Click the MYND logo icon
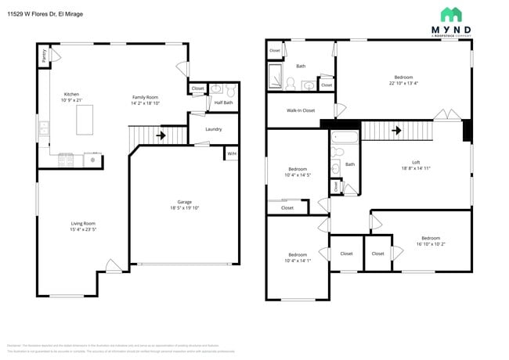click(x=450, y=14)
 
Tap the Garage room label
click(x=185, y=201)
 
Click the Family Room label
click(x=145, y=96)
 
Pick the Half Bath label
click(x=223, y=103)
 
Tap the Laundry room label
click(x=213, y=129)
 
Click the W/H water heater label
click(x=232, y=154)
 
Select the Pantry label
click(x=44, y=55)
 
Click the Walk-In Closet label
click(x=301, y=110)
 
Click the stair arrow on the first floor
click(x=161, y=135)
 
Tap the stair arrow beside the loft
click(x=396, y=130)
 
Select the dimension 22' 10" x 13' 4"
click(x=403, y=83)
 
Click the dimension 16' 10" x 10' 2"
click(x=431, y=243)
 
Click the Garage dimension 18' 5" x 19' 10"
click(x=185, y=207)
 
